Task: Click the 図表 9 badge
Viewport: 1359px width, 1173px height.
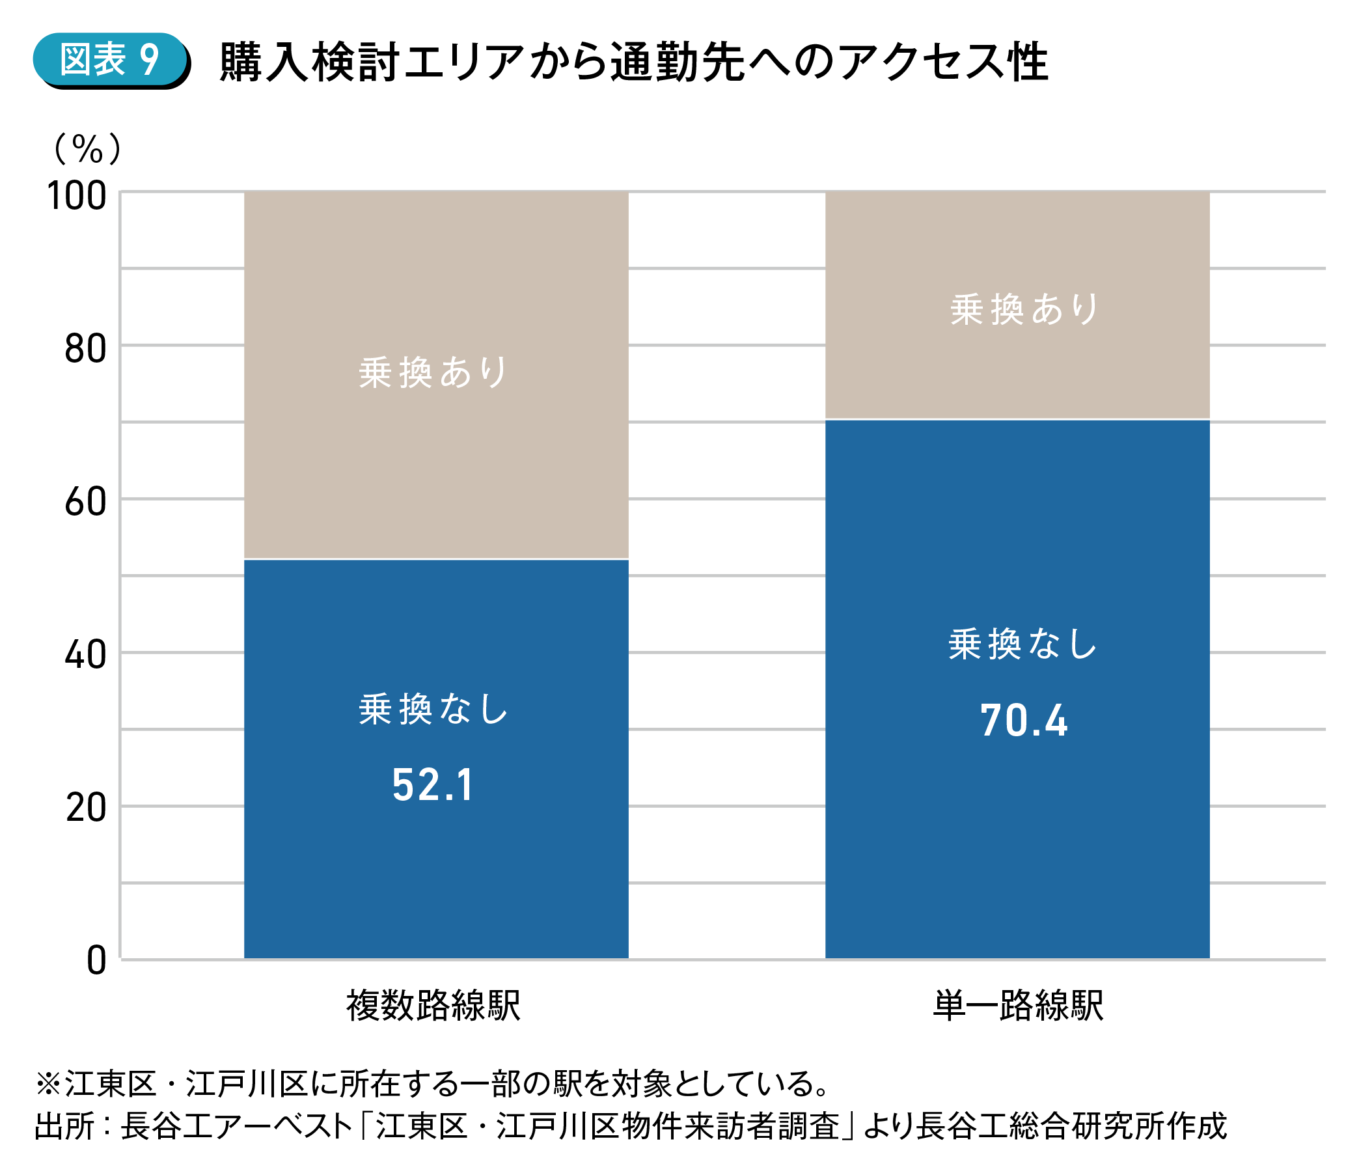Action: (x=110, y=60)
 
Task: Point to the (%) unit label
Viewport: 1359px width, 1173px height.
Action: (x=88, y=149)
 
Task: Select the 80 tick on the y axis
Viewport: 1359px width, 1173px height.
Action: (x=85, y=349)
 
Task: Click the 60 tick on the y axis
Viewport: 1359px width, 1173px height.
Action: (x=85, y=503)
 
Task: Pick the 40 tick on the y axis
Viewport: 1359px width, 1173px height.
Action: (x=85, y=655)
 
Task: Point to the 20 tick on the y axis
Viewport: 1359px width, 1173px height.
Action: (x=85, y=808)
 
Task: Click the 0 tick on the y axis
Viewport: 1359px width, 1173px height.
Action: (x=96, y=961)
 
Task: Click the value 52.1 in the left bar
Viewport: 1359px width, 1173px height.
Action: (x=433, y=785)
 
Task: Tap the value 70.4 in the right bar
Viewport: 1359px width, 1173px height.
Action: (x=1024, y=721)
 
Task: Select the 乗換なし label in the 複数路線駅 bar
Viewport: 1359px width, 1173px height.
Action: (x=433, y=709)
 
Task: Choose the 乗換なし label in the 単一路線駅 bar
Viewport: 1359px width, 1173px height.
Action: (x=1023, y=644)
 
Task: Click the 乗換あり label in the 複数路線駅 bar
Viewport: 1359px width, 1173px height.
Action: (x=433, y=372)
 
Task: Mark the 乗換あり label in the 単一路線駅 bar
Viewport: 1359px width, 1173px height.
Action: (x=1024, y=309)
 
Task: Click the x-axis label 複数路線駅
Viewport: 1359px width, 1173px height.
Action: (x=433, y=1006)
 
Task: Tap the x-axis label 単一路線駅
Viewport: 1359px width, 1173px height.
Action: (x=1019, y=1006)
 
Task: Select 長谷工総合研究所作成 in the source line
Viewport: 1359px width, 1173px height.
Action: (x=1071, y=1126)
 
